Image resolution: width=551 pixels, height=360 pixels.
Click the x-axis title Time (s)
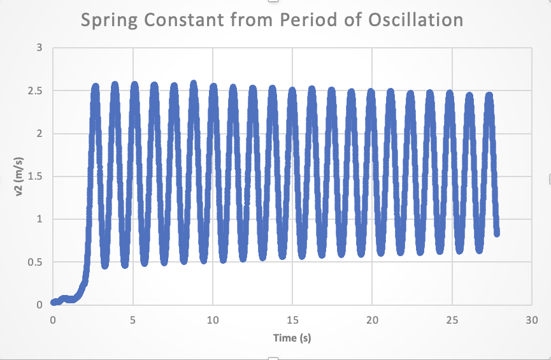tap(292, 338)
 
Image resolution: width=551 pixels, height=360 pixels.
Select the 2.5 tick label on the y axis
tap(36, 91)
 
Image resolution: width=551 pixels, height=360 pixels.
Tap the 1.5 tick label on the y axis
tap(36, 176)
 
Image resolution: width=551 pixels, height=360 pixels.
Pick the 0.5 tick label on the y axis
tap(36, 262)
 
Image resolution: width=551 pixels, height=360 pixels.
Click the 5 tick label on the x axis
tap(132, 319)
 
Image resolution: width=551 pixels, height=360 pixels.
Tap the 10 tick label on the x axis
tap(213, 319)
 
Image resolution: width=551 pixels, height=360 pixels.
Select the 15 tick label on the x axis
tap(292, 319)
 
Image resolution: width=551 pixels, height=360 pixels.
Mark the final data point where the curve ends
tap(496, 233)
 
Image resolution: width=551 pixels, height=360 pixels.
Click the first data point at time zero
tap(54, 302)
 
